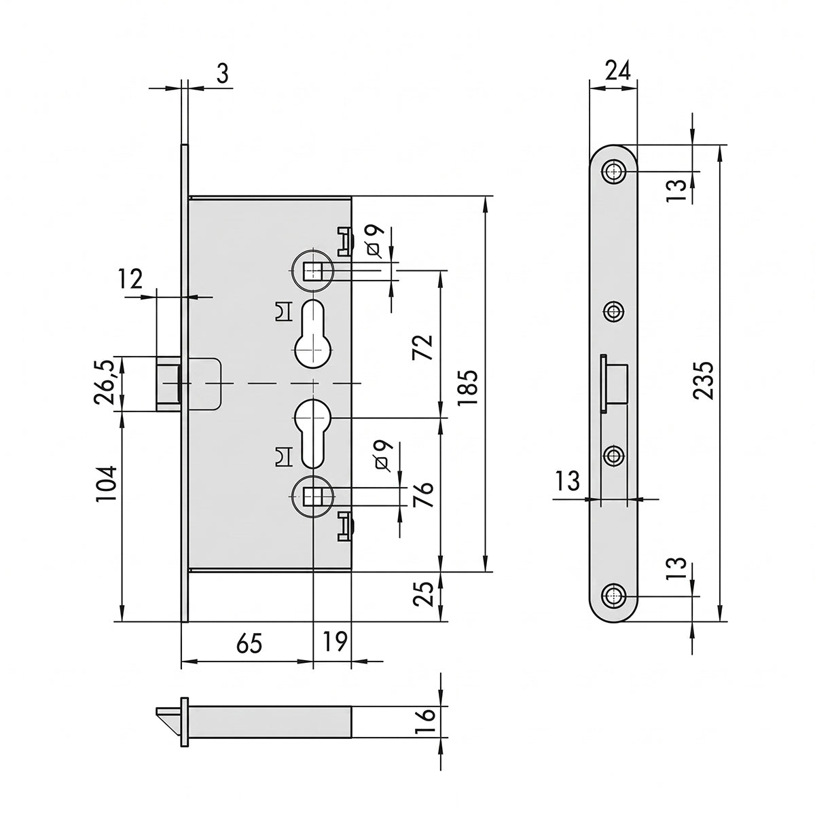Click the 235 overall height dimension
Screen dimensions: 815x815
point(704,380)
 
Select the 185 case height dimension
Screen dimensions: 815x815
point(467,387)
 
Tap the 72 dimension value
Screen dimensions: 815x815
point(423,347)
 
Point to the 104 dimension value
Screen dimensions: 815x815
point(106,484)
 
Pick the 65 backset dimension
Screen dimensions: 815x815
point(249,643)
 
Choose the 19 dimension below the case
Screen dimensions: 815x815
point(335,641)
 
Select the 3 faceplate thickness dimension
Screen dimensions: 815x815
point(222,73)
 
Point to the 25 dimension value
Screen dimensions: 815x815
point(423,594)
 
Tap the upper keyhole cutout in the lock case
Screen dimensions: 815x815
point(313,334)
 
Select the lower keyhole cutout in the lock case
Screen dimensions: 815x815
point(313,433)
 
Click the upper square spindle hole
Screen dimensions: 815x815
point(313,270)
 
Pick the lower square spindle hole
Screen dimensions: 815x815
point(313,496)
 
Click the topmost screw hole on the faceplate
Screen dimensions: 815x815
point(614,171)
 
